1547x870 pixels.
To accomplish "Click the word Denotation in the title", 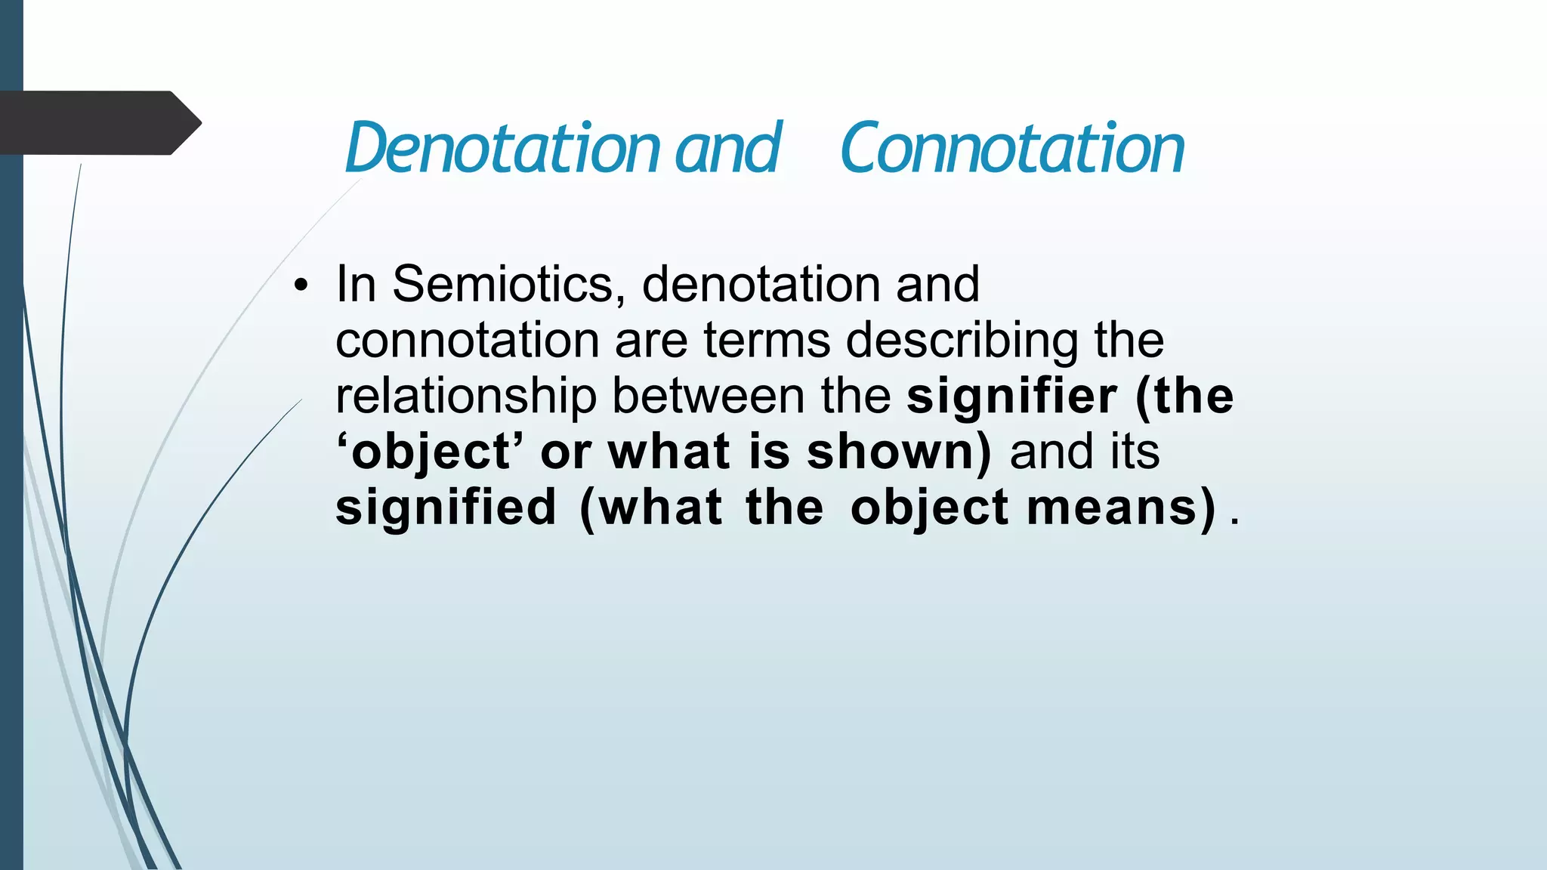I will (502, 148).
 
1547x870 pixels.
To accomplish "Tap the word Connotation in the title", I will (1012, 148).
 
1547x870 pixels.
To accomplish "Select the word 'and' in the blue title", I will (727, 148).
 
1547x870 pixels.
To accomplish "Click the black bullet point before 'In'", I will (302, 286).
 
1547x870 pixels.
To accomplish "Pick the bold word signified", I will (446, 507).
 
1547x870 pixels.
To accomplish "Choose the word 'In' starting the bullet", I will (356, 285).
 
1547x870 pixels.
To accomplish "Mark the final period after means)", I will (1235, 520).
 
